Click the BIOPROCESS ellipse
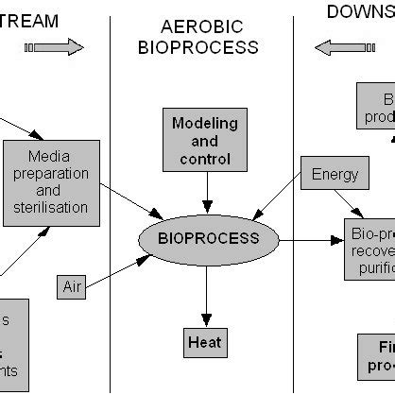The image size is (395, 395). pyautogui.click(x=208, y=239)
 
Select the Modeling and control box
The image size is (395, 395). pyautogui.click(x=205, y=141)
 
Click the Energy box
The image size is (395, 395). pyautogui.click(x=334, y=174)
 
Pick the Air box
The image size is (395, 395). pyautogui.click(x=73, y=286)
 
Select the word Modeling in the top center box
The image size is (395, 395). pyautogui.click(x=205, y=123)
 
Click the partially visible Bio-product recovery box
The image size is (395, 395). pyautogui.click(x=369, y=248)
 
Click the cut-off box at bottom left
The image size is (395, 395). pyautogui.click(x=13, y=345)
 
